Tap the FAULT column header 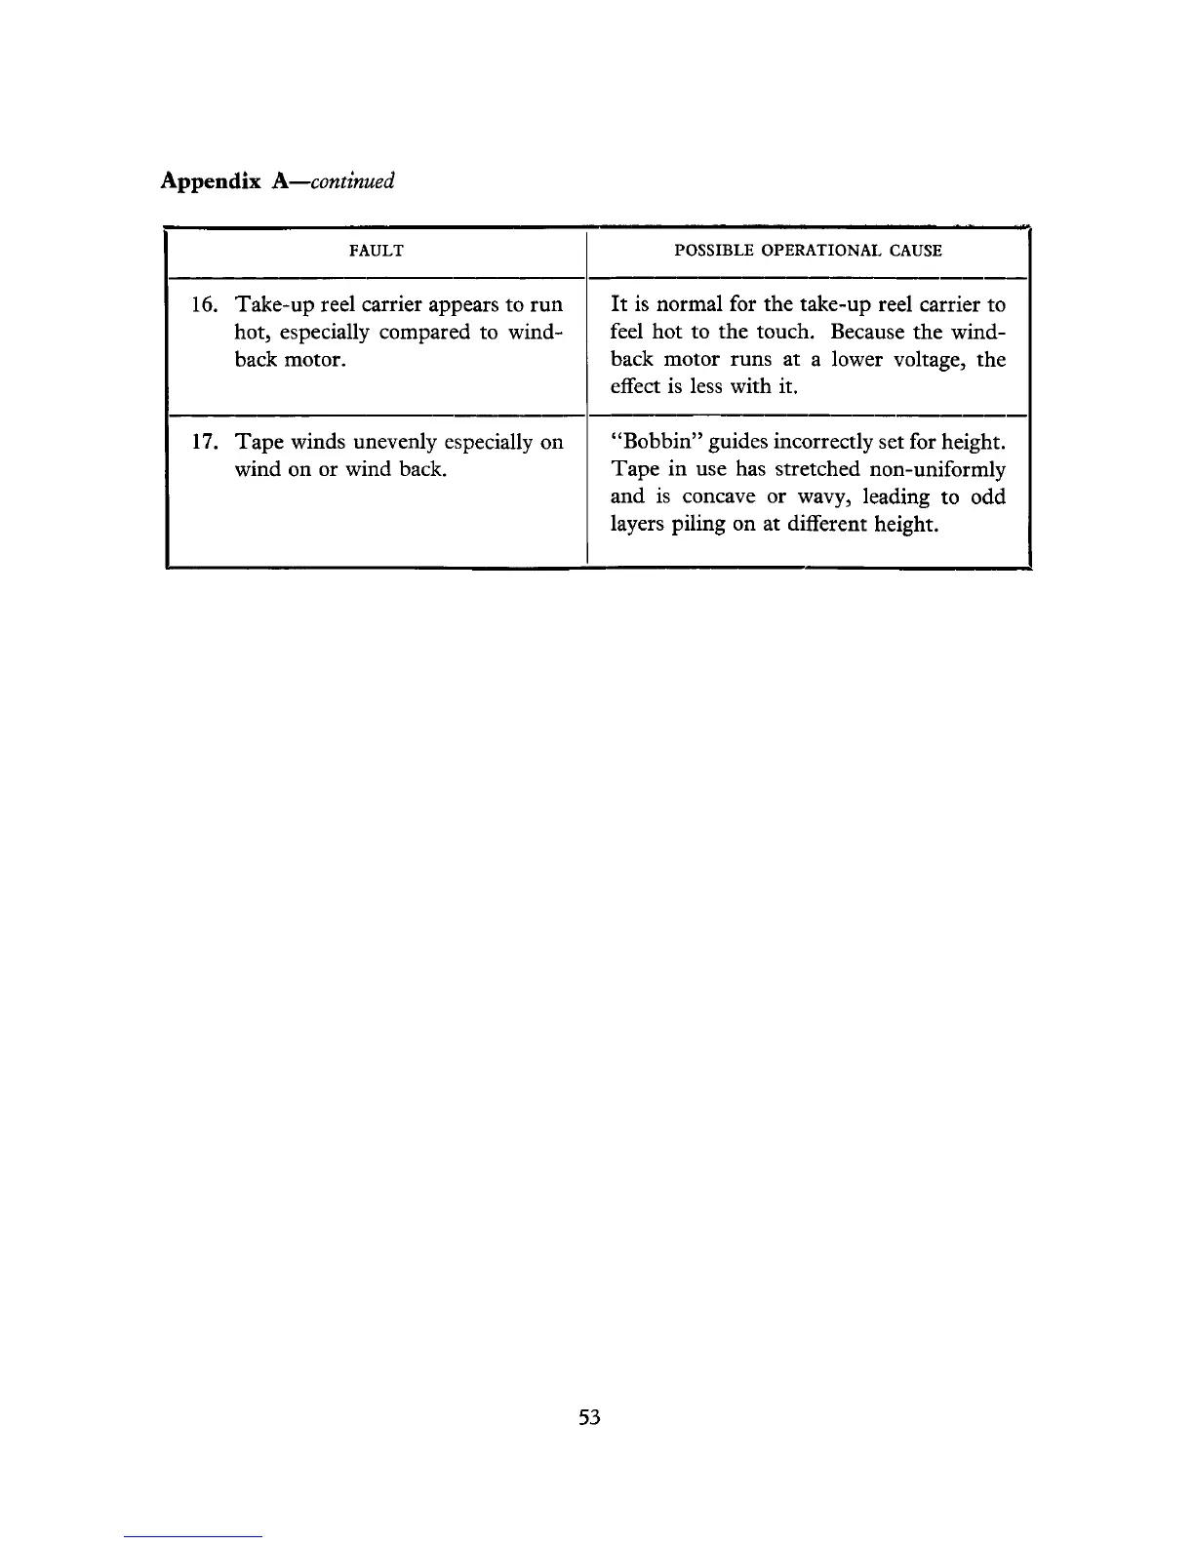376,251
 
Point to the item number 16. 205,304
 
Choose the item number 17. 205,443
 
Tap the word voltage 924,360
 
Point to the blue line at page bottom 194,1536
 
